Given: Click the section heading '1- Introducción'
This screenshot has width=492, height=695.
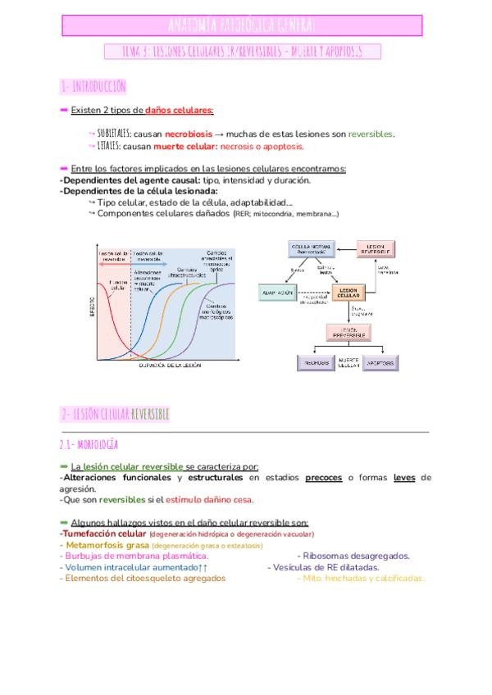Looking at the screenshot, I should [93, 86].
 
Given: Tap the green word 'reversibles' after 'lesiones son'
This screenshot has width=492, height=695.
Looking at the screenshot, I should [370, 133].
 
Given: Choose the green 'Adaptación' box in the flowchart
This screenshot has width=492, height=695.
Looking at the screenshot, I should [278, 293].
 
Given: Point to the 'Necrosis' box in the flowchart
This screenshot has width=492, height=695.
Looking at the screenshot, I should [312, 361].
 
